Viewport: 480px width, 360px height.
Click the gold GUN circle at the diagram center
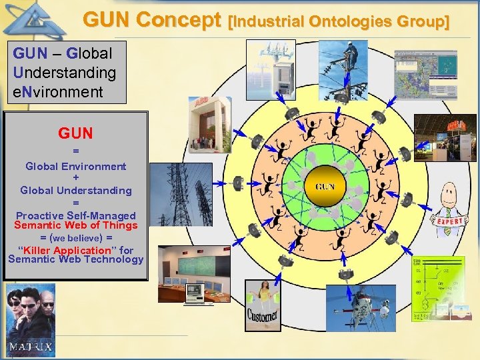point(325,187)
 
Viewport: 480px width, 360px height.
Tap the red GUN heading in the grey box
point(75,133)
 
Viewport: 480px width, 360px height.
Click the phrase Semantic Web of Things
point(75,225)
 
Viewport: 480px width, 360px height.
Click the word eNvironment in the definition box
point(58,91)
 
